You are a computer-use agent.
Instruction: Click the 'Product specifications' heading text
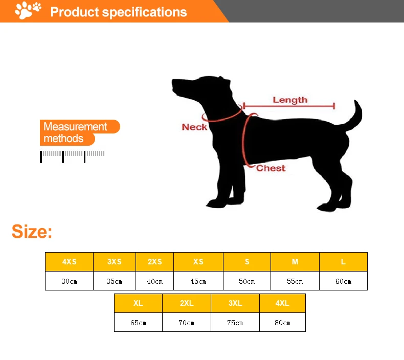tap(119, 12)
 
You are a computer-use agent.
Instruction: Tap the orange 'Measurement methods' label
tap(77, 132)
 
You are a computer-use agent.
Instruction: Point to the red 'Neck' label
tap(194, 127)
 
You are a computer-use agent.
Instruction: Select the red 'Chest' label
tap(271, 168)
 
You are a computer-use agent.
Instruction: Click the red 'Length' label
tap(290, 100)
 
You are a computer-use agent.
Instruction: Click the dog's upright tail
tap(355, 117)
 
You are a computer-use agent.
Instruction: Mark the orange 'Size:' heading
tap(32, 231)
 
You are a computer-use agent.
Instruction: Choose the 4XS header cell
tap(69, 261)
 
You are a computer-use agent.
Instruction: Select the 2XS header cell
tap(154, 261)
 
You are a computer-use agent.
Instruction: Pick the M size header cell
tap(295, 261)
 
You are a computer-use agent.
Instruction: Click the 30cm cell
tap(69, 281)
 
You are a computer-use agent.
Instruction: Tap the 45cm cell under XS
tap(198, 281)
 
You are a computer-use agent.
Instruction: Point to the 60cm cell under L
tap(343, 281)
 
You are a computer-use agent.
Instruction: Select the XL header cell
tap(138, 303)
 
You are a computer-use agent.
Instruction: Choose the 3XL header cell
tap(235, 303)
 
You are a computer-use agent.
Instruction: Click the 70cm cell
tap(187, 322)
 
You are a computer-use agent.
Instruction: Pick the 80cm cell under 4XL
tap(282, 322)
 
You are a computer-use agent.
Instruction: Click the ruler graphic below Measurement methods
tap(73, 155)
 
